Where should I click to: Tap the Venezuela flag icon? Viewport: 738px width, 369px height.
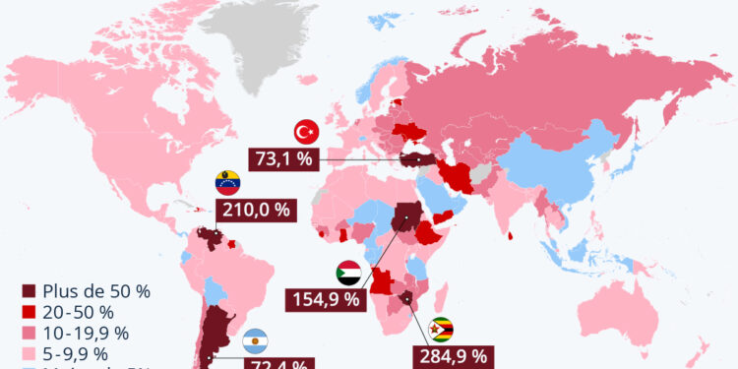tap(227, 182)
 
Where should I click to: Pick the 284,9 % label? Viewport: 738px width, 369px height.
tap(450, 355)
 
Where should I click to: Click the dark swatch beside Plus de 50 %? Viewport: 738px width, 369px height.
tap(30, 292)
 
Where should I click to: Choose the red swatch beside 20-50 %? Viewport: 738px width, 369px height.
tap(30, 313)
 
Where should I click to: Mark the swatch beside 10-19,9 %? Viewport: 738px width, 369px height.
tap(30, 334)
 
